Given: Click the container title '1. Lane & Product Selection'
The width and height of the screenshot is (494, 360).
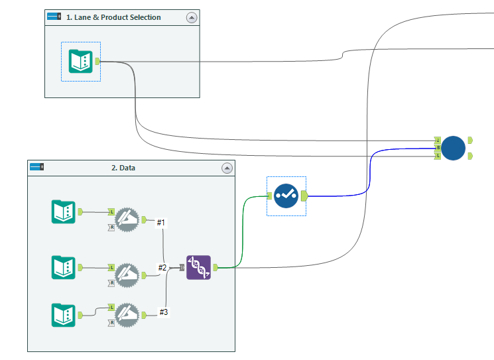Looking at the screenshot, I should tap(113, 17).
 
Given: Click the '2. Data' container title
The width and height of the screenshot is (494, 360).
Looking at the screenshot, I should tap(123, 168).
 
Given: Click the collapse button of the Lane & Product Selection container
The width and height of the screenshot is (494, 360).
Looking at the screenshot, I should tap(192, 18).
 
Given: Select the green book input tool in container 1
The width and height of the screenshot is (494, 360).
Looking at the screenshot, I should tap(80, 62).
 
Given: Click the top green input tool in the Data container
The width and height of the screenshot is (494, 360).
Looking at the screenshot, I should tap(64, 211).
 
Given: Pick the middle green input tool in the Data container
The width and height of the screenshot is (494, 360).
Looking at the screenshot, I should tap(64, 267).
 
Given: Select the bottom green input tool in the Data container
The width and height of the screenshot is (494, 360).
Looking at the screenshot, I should tap(64, 315).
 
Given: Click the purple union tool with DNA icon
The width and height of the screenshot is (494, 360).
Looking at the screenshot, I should tap(198, 267).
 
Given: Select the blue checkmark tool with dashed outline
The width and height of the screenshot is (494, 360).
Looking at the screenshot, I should tap(286, 196).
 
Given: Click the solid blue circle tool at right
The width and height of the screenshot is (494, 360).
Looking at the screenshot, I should tap(454, 148).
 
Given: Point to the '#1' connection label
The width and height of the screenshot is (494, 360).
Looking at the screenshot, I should tap(160, 223).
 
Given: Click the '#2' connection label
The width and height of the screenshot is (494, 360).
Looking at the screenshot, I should tap(162, 267).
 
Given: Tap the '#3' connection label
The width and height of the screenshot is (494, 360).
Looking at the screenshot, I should tap(164, 312).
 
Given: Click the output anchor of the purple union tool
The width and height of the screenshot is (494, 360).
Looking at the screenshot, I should tap(216, 267).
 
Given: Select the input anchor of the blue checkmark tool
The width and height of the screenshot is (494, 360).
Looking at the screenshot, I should tap(270, 196).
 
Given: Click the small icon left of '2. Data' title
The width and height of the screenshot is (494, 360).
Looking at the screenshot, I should tap(36, 168).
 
